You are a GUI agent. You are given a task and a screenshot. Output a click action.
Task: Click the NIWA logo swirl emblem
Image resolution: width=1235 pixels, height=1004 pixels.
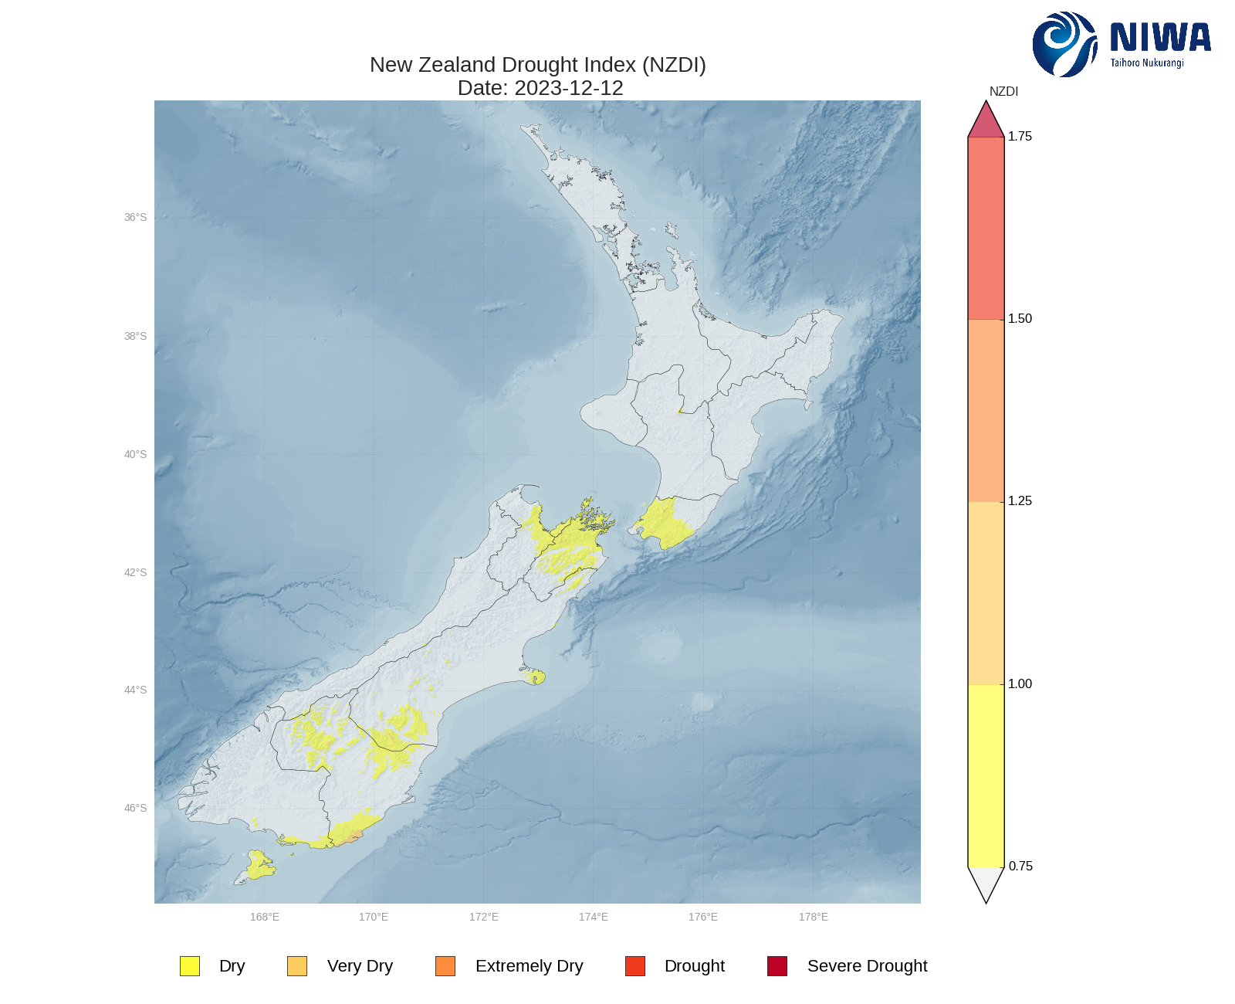point(1064,44)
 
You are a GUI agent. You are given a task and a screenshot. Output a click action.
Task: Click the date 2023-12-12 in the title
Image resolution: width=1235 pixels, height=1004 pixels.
point(569,88)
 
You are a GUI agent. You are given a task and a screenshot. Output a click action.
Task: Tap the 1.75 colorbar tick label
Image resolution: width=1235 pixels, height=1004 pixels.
point(1020,137)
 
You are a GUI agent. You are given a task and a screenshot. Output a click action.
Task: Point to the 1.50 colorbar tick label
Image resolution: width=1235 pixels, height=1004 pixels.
point(1020,319)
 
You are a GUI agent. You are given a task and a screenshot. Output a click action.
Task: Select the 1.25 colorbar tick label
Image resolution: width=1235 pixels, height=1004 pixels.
point(1020,501)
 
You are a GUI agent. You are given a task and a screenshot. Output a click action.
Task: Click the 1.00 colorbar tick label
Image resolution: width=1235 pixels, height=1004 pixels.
point(1020,683)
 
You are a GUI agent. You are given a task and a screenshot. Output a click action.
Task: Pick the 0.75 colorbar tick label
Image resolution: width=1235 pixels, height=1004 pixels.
point(1020,866)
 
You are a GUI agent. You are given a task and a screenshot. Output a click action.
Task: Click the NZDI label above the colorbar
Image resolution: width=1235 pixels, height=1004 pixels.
point(1003,92)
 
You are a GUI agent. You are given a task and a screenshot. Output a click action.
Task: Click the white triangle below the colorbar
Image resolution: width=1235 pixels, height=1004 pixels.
point(986,882)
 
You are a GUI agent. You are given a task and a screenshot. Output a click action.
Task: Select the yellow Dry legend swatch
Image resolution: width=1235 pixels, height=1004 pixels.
point(190,966)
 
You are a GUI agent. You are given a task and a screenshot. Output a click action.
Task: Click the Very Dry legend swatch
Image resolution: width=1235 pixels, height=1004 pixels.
point(297,966)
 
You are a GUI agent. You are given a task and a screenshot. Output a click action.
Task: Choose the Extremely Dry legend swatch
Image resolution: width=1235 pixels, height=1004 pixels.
point(445,966)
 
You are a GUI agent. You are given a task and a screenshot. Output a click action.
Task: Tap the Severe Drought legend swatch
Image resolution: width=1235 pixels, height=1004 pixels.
point(777,966)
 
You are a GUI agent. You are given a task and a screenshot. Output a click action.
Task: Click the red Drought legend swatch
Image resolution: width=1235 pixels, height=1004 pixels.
point(635,966)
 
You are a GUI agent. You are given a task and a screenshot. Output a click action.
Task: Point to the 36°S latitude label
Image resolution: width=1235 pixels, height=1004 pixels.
point(135,218)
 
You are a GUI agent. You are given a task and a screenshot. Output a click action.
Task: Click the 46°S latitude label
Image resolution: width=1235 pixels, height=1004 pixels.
point(135,809)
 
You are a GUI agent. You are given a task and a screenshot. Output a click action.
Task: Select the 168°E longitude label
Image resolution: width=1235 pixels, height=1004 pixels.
point(265,917)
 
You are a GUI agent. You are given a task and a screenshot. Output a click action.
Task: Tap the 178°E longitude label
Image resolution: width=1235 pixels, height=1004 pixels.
point(814,917)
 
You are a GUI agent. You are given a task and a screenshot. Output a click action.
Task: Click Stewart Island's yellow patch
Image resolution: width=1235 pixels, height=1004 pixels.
point(259,865)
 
